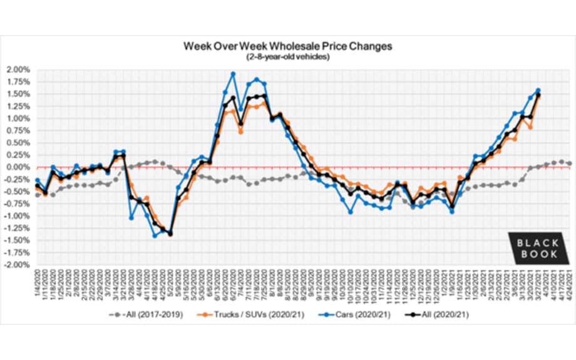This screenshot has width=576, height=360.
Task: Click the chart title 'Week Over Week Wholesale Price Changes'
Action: click(x=287, y=47)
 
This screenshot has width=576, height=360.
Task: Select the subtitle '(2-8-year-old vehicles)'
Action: click(x=287, y=57)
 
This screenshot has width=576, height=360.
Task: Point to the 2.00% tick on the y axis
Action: click(x=18, y=69)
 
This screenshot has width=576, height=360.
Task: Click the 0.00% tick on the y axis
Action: click(x=18, y=167)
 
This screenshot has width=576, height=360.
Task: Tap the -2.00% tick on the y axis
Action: click(x=17, y=265)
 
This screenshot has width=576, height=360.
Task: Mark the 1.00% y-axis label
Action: click(x=18, y=118)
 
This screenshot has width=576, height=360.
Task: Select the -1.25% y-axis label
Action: click(x=17, y=229)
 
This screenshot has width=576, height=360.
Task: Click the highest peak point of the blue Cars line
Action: click(x=233, y=74)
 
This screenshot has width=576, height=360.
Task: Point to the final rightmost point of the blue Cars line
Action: click(x=538, y=90)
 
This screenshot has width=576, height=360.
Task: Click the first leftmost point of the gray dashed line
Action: click(x=38, y=195)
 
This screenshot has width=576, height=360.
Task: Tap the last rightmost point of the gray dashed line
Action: click(x=569, y=163)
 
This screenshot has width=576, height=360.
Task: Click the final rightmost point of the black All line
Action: click(x=538, y=95)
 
